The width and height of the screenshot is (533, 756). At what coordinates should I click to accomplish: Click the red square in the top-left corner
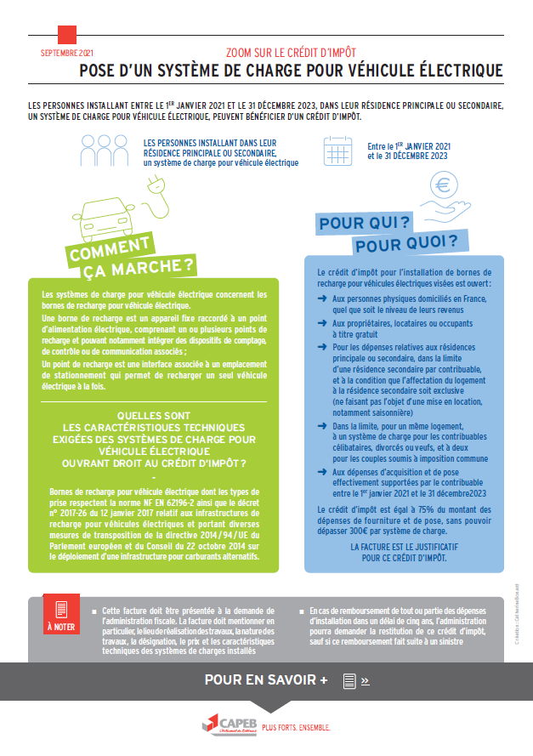coord(67,35)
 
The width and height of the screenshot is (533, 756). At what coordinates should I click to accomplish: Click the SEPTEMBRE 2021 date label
coord(68,53)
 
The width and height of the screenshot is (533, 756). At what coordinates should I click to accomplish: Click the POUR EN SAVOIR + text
coord(266,680)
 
